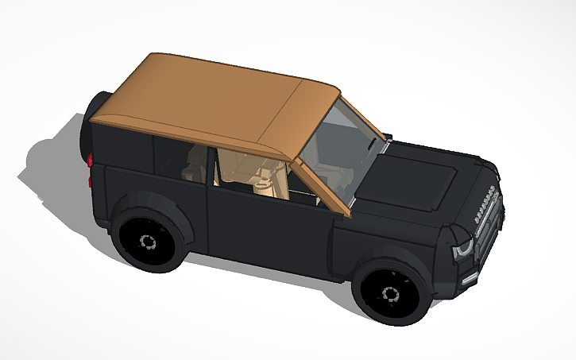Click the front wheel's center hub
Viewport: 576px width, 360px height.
(390, 294)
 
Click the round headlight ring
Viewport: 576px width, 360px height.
(463, 247)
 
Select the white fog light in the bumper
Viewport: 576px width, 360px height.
(470, 277)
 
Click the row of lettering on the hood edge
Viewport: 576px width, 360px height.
(484, 203)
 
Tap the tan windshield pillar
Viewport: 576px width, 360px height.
(322, 187)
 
